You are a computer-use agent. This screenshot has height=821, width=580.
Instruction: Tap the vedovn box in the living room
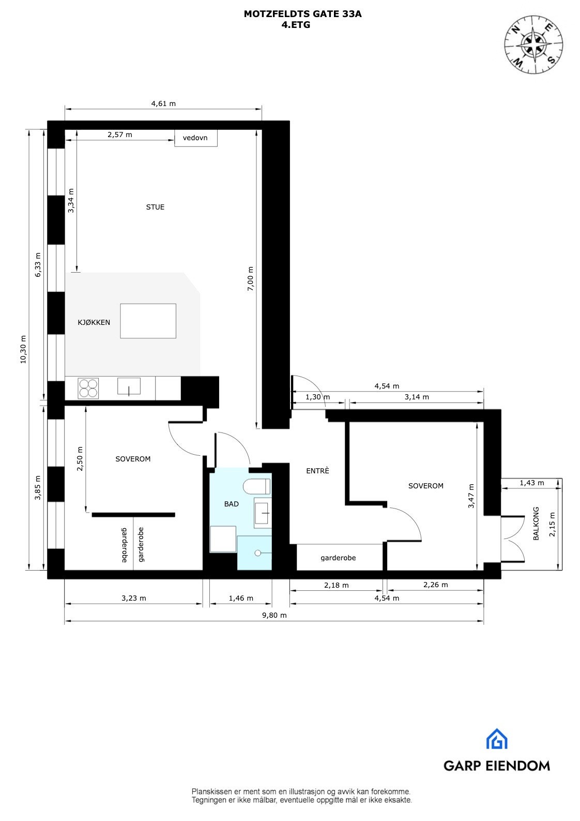tap(195, 138)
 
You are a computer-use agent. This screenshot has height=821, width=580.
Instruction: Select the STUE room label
tap(155, 207)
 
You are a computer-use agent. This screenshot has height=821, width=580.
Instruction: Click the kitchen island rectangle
tap(148, 321)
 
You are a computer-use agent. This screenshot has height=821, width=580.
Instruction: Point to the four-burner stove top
tap(88, 388)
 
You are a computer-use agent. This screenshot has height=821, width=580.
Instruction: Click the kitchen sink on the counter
tap(129, 386)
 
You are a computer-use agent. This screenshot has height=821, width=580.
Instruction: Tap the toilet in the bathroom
tap(256, 486)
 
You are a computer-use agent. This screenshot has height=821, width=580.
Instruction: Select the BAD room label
tap(231, 504)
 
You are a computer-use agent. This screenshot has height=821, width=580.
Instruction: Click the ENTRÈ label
tap(317, 471)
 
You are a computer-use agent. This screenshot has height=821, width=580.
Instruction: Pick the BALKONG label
tap(536, 524)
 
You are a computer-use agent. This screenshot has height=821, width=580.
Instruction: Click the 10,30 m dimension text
tap(23, 349)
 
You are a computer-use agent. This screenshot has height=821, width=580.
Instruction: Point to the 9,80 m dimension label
tap(274, 615)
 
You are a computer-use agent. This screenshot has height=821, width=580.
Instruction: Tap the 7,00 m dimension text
tap(251, 279)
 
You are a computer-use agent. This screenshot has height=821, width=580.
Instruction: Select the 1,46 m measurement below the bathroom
tap(241, 598)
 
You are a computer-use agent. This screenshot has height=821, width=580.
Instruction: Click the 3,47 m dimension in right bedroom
tap(471, 496)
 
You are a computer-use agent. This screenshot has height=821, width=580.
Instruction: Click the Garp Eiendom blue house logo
tap(496, 739)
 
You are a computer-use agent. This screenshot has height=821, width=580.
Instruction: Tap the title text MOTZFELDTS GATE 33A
tap(302, 14)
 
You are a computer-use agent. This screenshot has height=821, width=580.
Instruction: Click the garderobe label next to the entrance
tap(338, 558)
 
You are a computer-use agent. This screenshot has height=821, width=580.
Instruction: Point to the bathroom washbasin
tap(263, 513)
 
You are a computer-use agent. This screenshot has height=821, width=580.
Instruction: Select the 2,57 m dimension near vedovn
tap(120, 135)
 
